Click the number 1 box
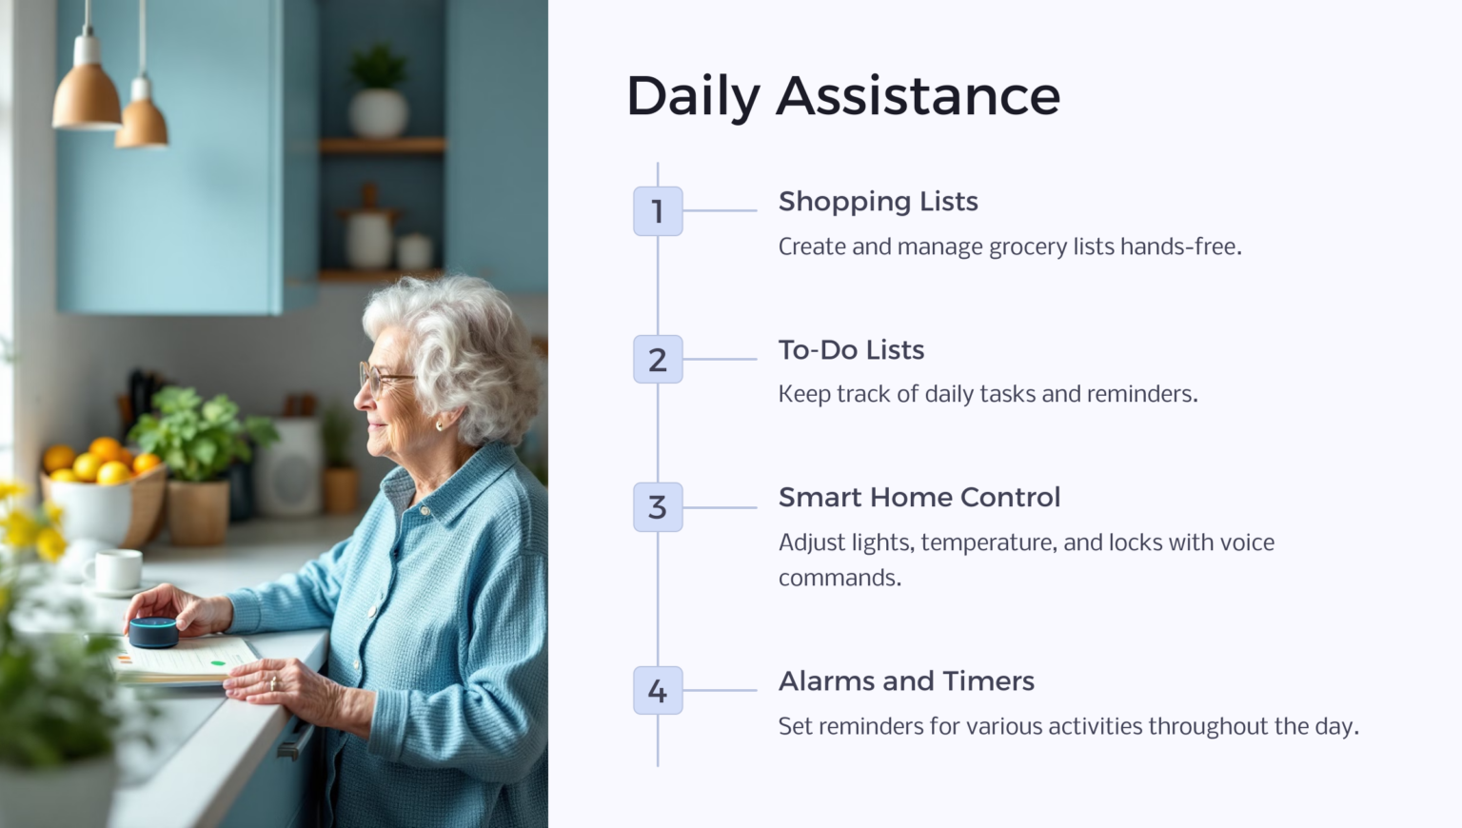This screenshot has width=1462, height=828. (x=658, y=211)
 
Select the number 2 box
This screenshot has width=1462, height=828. (x=658, y=360)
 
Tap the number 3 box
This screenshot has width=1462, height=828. (x=658, y=507)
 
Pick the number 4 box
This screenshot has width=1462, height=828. (x=658, y=691)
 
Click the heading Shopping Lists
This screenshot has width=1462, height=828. (x=878, y=202)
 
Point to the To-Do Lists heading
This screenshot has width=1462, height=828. (x=851, y=350)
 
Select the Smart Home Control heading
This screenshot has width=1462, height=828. (x=919, y=498)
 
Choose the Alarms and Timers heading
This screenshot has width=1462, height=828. (x=906, y=681)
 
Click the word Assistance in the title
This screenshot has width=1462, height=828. (x=918, y=96)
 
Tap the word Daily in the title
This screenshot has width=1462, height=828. (x=693, y=98)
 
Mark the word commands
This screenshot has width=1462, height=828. (x=839, y=578)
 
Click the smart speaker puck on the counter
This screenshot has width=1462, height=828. (x=153, y=632)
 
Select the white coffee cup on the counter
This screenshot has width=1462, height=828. (x=117, y=570)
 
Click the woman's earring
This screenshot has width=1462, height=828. (x=440, y=424)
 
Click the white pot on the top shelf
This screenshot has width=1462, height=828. (x=378, y=111)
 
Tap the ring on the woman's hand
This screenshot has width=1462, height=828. (x=273, y=682)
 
